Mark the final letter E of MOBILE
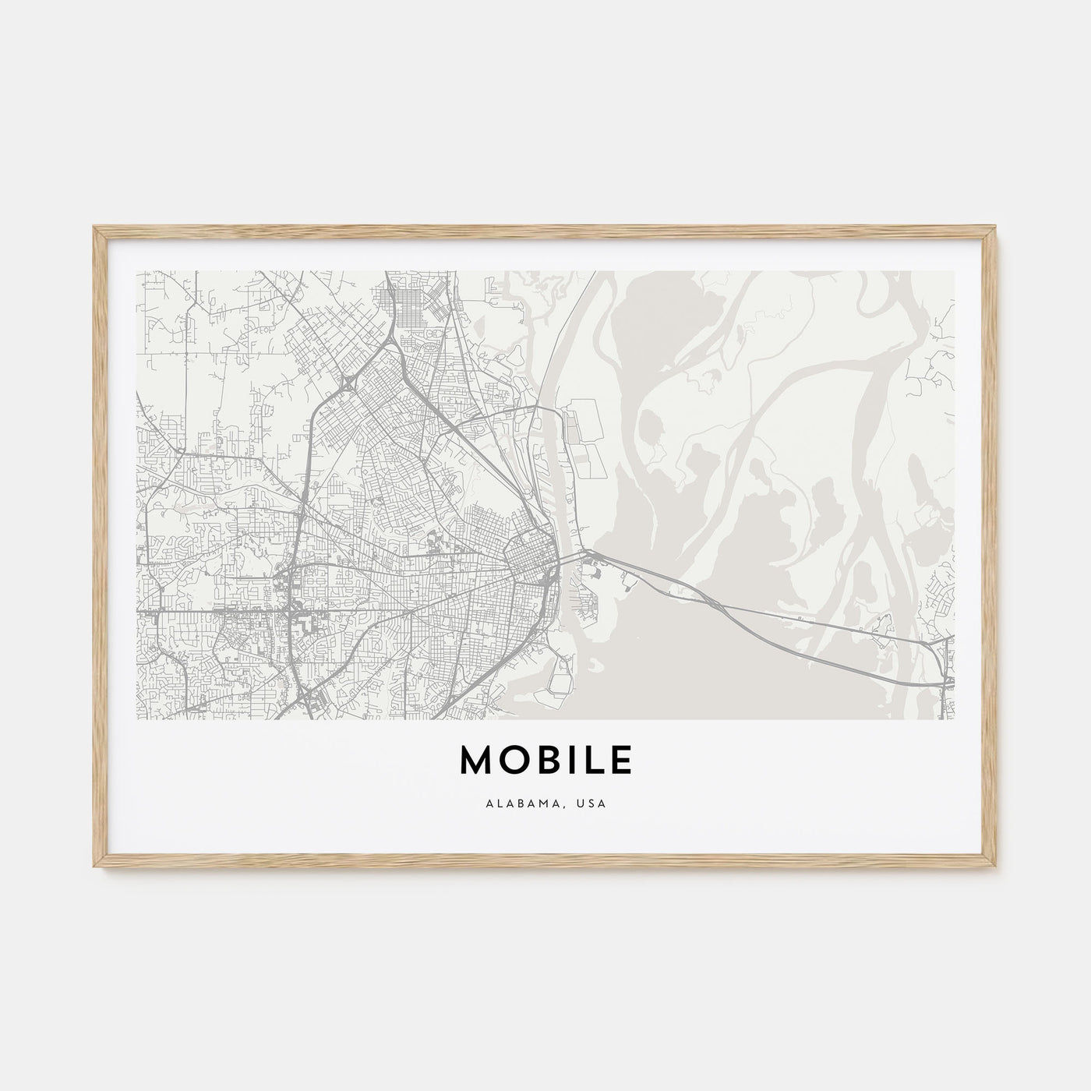tap(622, 761)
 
